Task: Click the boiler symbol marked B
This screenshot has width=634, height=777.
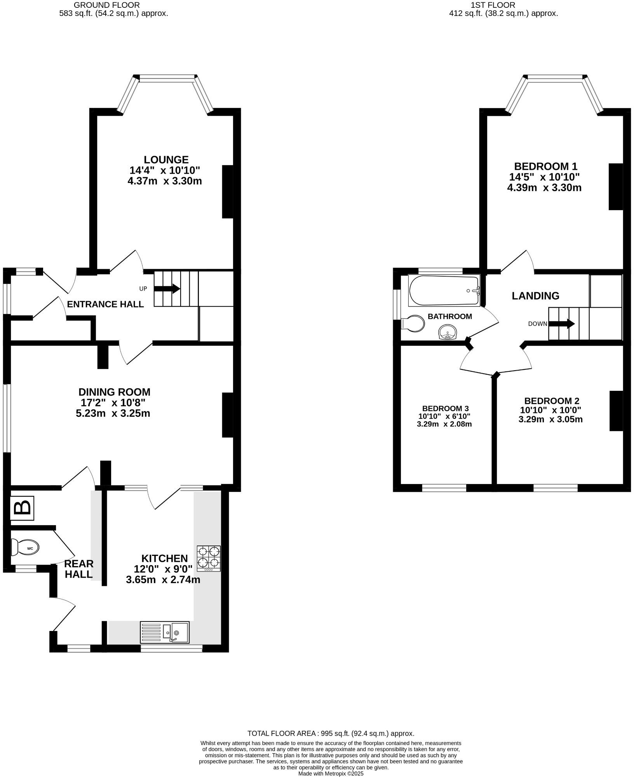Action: [22, 508]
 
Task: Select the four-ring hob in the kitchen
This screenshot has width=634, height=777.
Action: [209, 558]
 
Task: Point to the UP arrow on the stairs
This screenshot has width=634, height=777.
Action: [167, 289]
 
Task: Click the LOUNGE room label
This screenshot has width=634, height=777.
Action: [166, 159]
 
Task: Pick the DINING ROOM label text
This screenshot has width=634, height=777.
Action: [114, 392]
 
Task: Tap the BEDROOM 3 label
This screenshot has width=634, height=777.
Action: [445, 408]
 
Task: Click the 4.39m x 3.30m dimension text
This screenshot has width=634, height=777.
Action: [544, 188]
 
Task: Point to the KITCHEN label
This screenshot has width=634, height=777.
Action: [164, 558]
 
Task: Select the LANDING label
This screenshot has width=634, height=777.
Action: [535, 296]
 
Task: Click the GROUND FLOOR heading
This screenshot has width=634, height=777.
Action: [106, 5]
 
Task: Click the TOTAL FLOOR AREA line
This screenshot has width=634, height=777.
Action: [331, 733]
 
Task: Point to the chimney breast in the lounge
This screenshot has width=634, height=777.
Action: [227, 192]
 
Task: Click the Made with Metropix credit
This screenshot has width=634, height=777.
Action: [331, 774]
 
